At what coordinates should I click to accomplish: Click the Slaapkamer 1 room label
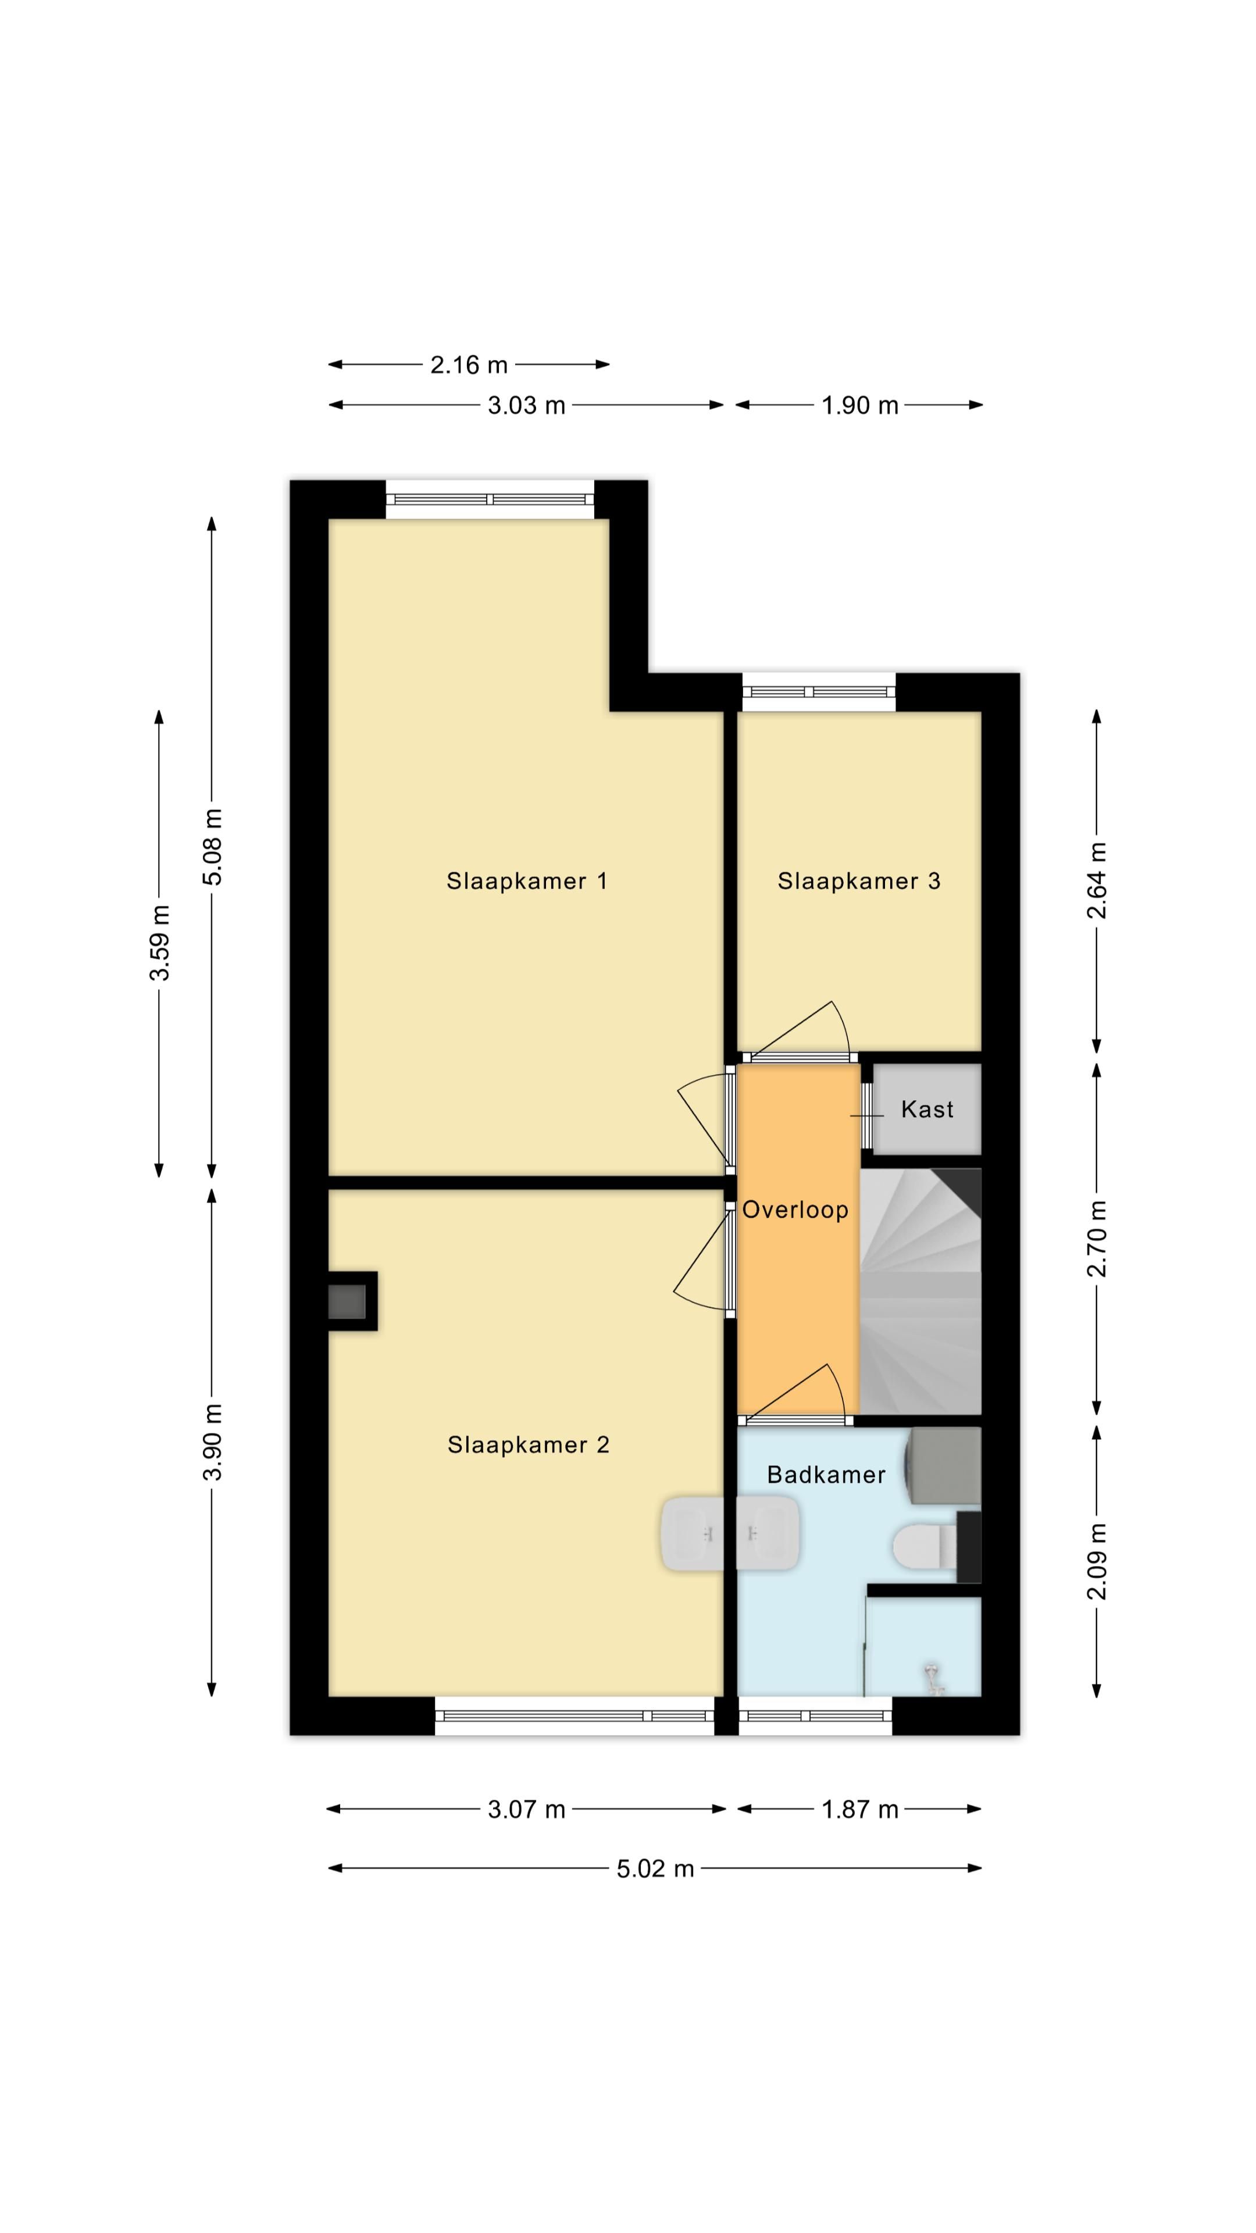[526, 881]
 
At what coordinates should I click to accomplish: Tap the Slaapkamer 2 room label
[528, 1445]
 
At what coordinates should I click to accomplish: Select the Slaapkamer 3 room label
[858, 881]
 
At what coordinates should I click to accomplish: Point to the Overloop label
[795, 1210]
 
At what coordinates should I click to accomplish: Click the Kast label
[927, 1109]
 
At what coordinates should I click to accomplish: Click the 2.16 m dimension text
[469, 365]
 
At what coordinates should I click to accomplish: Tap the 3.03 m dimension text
[526, 405]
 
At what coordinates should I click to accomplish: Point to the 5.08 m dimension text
[212, 847]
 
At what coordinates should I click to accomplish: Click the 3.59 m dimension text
[159, 942]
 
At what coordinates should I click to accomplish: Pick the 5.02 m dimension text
[655, 1868]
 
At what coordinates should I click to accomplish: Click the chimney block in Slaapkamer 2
[352, 1300]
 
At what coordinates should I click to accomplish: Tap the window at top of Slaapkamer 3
[818, 692]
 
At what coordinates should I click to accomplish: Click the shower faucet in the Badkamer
[933, 1676]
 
